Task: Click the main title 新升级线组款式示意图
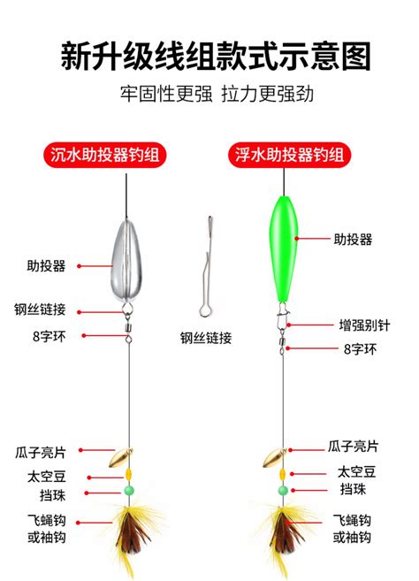pyautogui.click(x=216, y=57)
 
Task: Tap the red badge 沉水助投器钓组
pyautogui.click(x=105, y=155)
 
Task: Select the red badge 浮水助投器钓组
pyautogui.click(x=289, y=155)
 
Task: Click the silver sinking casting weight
pyautogui.click(x=126, y=261)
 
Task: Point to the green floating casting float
pyautogui.click(x=284, y=248)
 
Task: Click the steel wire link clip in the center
pyautogui.click(x=206, y=267)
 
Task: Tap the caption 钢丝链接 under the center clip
pyautogui.click(x=206, y=338)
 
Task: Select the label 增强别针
pyautogui.click(x=364, y=325)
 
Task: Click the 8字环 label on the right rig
pyautogui.click(x=360, y=348)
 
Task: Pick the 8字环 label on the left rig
pyautogui.click(x=50, y=336)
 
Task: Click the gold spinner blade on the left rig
pyautogui.click(x=120, y=458)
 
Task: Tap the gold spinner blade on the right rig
pyautogui.click(x=274, y=458)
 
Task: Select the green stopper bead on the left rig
pyautogui.click(x=128, y=491)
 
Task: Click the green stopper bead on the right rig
pyautogui.click(x=283, y=491)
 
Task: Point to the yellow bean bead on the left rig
pyautogui.click(x=128, y=474)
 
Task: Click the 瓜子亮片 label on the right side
pyautogui.click(x=353, y=446)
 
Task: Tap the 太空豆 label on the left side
pyautogui.click(x=47, y=477)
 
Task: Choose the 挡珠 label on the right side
pyautogui.click(x=353, y=490)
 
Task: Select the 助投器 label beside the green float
pyautogui.click(x=353, y=240)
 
